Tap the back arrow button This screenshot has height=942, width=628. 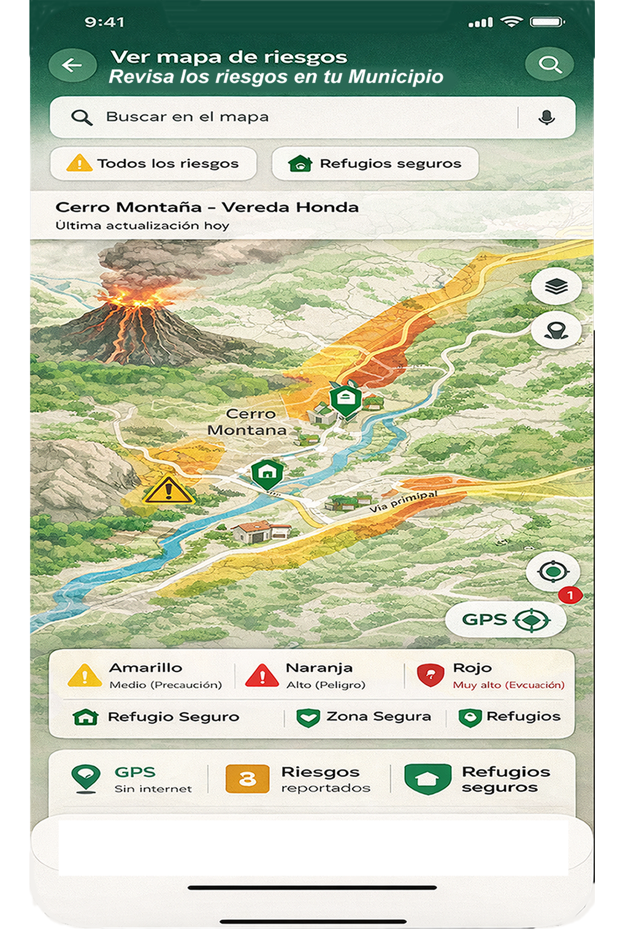point(72,65)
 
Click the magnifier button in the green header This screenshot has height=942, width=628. point(549,64)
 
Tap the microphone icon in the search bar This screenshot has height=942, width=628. point(546,117)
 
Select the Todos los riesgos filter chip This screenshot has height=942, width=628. point(153,164)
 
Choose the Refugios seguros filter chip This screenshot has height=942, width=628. point(375,164)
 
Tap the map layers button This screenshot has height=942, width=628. point(556,286)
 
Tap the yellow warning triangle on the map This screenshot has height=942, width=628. point(167,491)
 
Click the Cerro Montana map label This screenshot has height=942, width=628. point(248,422)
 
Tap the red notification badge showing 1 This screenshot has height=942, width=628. point(570,595)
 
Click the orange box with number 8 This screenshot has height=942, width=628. point(247,779)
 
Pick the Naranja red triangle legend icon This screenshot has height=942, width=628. point(262,675)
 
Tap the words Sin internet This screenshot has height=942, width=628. point(153,789)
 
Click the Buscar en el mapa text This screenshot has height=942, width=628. point(187,117)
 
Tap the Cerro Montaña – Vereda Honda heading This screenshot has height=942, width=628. point(207,207)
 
